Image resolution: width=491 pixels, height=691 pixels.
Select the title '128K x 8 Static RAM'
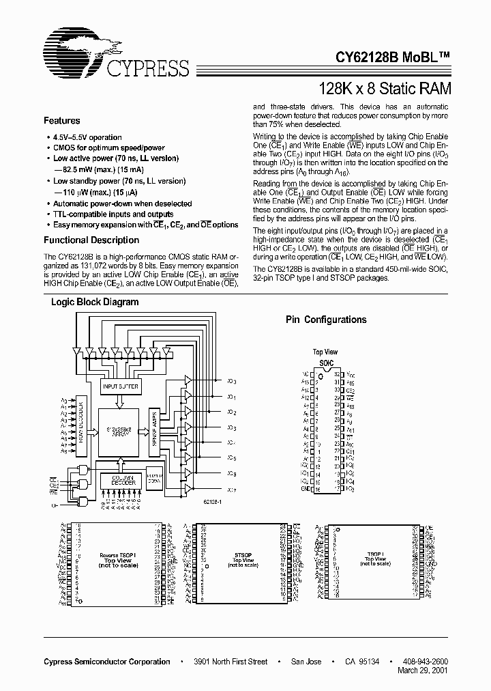385,88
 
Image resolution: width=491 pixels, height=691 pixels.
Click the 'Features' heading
62,121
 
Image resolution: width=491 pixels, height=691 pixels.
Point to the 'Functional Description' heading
91,240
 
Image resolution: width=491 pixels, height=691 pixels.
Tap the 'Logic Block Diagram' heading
95,302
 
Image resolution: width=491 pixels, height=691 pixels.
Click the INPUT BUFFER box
120,387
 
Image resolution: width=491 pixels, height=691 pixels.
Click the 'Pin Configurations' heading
325,320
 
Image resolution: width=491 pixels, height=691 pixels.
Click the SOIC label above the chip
326,363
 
